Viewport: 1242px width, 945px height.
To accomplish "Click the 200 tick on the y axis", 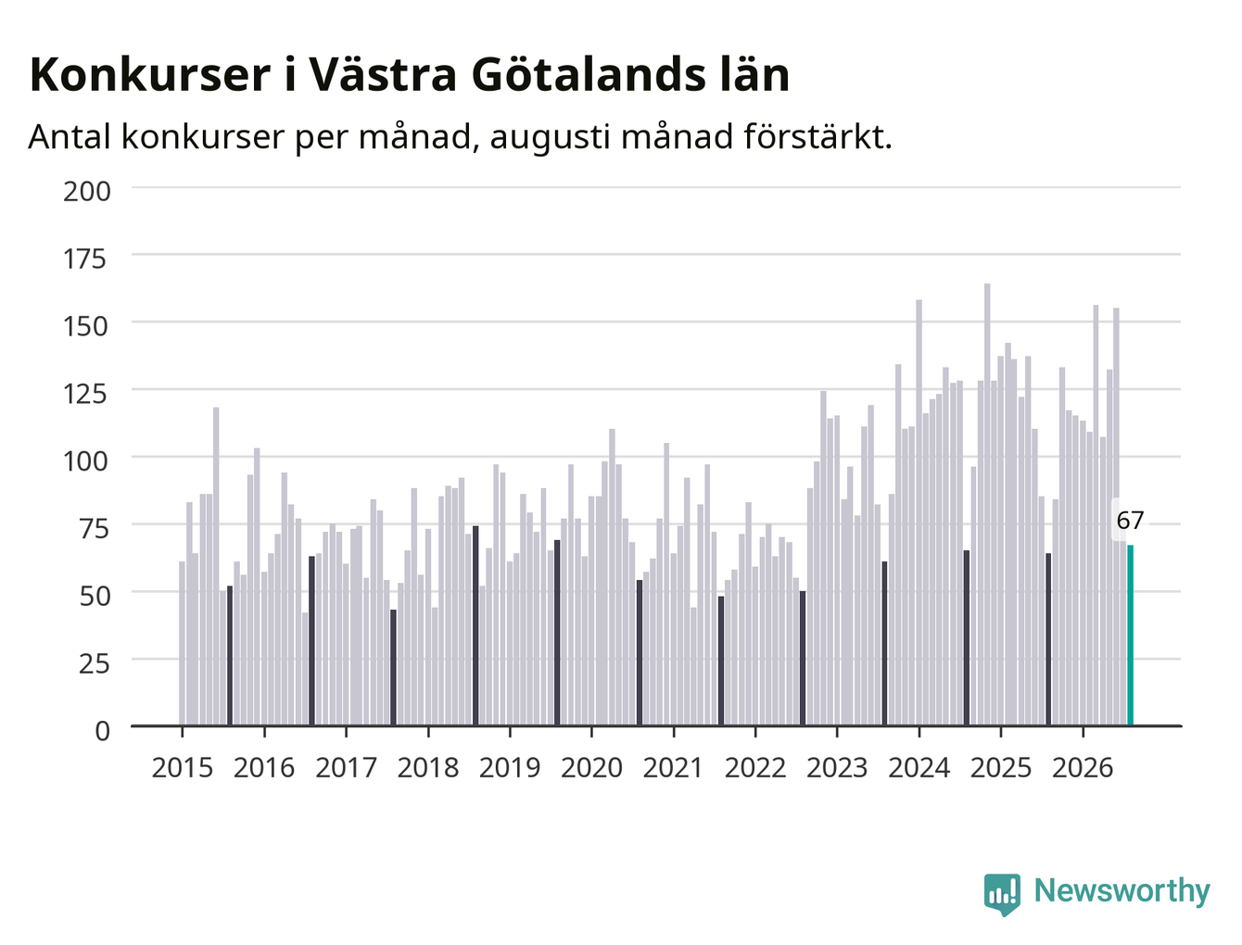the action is tap(86, 192).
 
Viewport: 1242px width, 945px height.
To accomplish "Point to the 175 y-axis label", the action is tap(85, 259).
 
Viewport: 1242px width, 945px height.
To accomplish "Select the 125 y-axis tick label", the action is tap(85, 394).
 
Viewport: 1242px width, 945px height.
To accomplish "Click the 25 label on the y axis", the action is tap(94, 664).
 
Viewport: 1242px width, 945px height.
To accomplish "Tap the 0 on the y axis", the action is tap(102, 731).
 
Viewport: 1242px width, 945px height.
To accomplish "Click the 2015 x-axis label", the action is tap(183, 767).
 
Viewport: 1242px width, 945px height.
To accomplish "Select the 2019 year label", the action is tap(510, 767).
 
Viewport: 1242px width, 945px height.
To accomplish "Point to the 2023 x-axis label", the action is tap(837, 767).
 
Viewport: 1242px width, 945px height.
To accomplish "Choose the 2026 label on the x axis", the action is tap(1083, 767).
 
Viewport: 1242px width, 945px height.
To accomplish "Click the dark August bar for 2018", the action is tap(475, 625).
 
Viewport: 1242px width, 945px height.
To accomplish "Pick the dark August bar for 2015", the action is tap(230, 655).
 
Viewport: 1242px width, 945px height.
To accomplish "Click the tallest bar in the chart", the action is tap(987, 504).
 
